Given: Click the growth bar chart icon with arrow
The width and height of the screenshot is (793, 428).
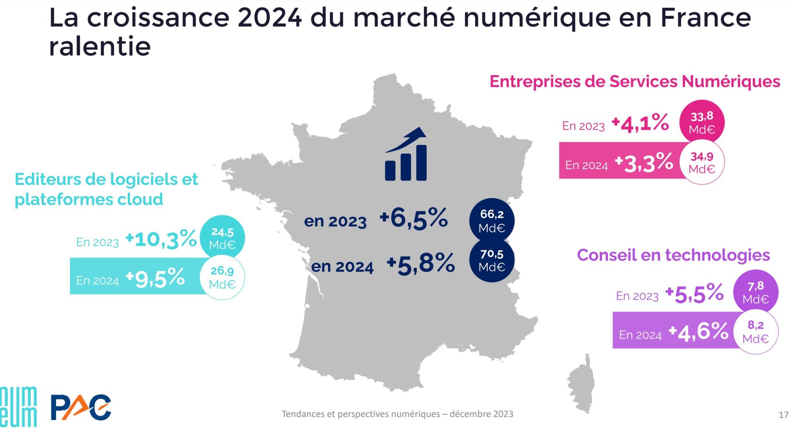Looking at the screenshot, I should click(406, 155).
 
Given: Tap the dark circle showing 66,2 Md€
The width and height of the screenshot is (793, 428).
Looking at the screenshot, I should click(492, 221).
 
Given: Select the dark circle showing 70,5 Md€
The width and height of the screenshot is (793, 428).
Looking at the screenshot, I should click(492, 260).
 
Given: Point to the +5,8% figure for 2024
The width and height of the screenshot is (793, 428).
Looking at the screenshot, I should click(421, 264).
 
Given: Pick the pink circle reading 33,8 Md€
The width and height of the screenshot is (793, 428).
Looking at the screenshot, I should click(702, 123).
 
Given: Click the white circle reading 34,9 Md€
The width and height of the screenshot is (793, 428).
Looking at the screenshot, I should click(702, 162).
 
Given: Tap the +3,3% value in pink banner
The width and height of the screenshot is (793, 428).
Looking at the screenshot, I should click(644, 162).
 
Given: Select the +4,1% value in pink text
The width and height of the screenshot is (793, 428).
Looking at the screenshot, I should click(640, 123).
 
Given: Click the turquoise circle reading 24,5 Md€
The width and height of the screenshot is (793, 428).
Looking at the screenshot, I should click(222, 238).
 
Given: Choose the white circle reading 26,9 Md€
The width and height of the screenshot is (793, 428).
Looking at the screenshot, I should click(222, 277).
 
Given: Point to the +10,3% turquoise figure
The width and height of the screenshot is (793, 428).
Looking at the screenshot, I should click(161, 239).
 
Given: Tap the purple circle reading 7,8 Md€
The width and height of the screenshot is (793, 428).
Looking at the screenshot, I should click(755, 292).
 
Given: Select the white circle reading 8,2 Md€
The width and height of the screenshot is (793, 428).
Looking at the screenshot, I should click(755, 332).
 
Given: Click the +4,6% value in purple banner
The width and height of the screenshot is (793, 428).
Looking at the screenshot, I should click(699, 331).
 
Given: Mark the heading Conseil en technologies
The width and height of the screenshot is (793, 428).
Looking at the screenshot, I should click(673, 255).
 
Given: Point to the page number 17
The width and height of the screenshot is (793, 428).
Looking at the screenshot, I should click(783, 415).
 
